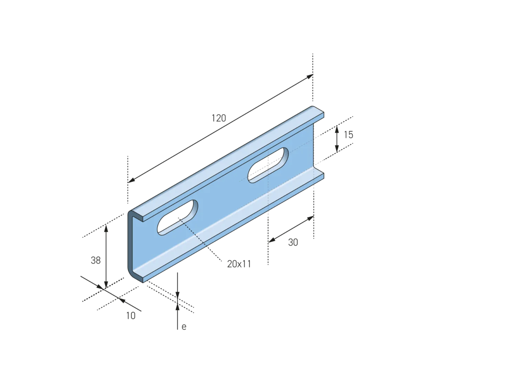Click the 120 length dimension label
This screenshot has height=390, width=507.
[x=219, y=118]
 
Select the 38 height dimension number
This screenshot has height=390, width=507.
[x=96, y=260]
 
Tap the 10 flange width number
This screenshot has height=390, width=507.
[x=131, y=316]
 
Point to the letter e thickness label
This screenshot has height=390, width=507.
[x=184, y=327]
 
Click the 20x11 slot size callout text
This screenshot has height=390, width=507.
[x=239, y=264]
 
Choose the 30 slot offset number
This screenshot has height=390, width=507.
[x=293, y=242]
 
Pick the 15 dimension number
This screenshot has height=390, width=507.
[x=349, y=135]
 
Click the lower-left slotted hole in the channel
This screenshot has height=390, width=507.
[x=178, y=217]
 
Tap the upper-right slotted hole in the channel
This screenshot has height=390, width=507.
[x=268, y=165]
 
